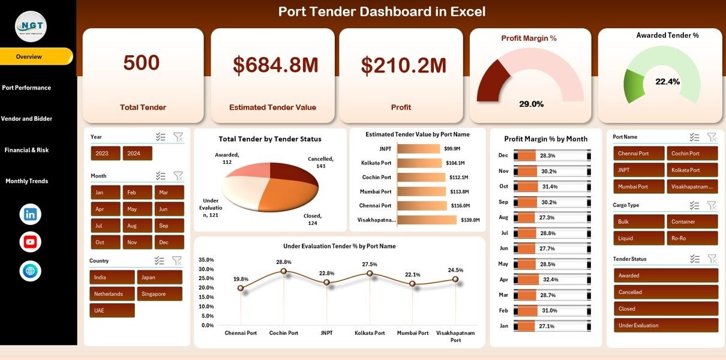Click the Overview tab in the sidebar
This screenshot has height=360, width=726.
point(29,56)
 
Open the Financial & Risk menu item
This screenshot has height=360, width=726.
point(26,150)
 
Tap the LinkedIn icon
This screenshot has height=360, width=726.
point(30,214)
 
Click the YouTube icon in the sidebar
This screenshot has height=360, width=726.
point(30,242)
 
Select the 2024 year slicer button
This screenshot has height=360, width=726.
point(137,154)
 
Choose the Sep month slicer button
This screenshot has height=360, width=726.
point(169,226)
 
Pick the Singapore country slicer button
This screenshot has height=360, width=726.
point(160,294)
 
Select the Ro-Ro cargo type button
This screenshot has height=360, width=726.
point(692,238)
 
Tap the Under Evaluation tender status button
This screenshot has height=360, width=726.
point(665,326)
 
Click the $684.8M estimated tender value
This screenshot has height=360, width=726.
point(272,65)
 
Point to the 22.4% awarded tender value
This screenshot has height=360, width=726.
point(667,82)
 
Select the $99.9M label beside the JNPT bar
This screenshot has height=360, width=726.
point(452,149)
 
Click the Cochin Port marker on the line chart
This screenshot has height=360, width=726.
point(284,271)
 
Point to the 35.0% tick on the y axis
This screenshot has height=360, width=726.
point(206,260)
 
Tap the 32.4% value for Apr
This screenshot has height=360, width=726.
point(550,280)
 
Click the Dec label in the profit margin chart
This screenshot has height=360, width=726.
point(503,155)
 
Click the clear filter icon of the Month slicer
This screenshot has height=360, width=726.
point(178,176)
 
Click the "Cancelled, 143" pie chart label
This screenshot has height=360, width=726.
point(320,162)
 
